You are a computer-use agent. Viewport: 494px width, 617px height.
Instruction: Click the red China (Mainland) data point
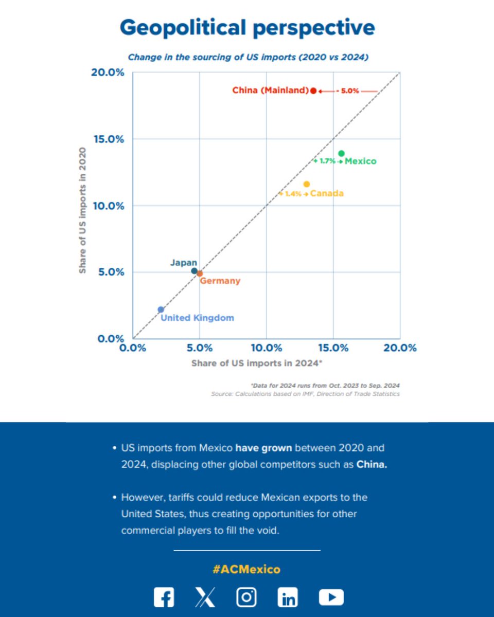[313, 90]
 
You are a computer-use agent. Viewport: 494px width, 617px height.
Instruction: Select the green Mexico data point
[341, 153]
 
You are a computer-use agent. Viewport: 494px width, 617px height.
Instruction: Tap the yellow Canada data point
[307, 184]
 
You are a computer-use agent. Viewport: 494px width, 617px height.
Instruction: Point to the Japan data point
[194, 271]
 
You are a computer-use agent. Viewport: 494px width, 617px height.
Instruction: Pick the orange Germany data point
[200, 274]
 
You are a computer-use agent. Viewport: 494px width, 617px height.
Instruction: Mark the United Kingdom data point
[161, 310]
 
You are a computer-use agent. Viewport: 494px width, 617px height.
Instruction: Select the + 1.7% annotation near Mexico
[327, 161]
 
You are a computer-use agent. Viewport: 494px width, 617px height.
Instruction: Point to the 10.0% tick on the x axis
[267, 348]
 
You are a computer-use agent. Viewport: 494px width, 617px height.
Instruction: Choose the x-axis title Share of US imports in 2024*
[257, 363]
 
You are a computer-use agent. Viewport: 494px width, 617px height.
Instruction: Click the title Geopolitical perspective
[247, 28]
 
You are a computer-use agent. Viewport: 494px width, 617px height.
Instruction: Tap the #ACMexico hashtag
[246, 569]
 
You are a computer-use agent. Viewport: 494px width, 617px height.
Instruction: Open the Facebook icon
[164, 597]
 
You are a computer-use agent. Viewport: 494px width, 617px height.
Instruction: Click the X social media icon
[205, 597]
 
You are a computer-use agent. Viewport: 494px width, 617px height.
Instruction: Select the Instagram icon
[246, 597]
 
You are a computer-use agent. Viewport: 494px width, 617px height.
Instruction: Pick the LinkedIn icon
[288, 597]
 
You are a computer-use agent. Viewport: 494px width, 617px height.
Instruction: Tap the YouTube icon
[331, 597]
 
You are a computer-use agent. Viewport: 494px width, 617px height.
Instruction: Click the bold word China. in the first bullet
[372, 464]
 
